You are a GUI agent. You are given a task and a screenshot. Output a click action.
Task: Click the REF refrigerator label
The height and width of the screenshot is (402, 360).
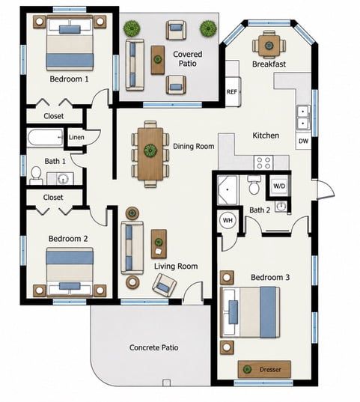(231, 91)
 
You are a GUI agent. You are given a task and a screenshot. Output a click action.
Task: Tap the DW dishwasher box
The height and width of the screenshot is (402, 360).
(303, 141)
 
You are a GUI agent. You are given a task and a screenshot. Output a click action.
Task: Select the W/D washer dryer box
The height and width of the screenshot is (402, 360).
(279, 186)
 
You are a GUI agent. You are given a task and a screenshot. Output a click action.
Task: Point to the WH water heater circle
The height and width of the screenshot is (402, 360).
(228, 220)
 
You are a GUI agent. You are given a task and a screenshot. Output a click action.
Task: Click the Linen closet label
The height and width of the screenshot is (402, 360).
(76, 137)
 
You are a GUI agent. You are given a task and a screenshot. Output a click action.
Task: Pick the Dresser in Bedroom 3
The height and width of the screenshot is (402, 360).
(264, 369)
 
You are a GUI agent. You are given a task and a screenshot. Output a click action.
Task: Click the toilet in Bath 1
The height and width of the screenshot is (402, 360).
(36, 176)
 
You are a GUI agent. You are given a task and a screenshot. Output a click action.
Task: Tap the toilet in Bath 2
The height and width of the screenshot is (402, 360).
(254, 185)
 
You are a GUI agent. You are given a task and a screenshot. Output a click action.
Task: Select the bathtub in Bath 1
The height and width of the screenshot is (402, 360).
(45, 138)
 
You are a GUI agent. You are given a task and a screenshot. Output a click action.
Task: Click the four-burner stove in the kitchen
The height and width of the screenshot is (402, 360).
(263, 162)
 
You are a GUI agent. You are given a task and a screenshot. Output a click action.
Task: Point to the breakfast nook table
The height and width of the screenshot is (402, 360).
(269, 46)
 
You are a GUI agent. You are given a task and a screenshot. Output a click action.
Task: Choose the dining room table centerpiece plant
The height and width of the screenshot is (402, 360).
(150, 150)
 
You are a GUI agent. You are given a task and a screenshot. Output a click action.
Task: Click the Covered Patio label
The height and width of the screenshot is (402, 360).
(188, 58)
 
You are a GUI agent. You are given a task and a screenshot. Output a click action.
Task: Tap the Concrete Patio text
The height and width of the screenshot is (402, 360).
(154, 347)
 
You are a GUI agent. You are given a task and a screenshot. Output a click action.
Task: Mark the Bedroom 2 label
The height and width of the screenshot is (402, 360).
(68, 239)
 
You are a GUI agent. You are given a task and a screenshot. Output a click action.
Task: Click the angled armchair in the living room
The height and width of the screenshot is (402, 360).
(165, 285)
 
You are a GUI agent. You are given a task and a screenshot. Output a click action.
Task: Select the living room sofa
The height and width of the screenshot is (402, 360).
(132, 248)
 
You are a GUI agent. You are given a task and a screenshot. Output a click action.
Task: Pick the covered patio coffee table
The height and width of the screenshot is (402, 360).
(157, 60)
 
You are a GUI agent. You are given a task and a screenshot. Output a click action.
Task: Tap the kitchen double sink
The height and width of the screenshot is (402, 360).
(303, 119)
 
